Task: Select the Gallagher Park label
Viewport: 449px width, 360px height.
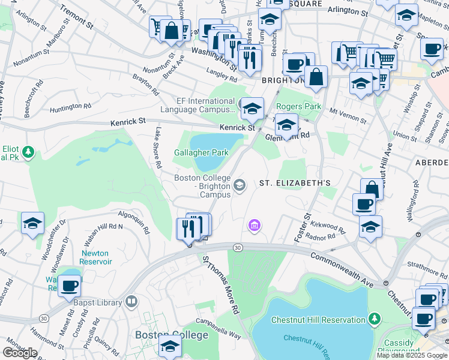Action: point(201,153)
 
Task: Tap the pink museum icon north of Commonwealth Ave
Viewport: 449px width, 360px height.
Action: point(254,226)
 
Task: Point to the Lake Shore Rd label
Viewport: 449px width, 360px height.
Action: point(158,147)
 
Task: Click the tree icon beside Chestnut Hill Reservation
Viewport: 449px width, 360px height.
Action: point(375,317)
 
